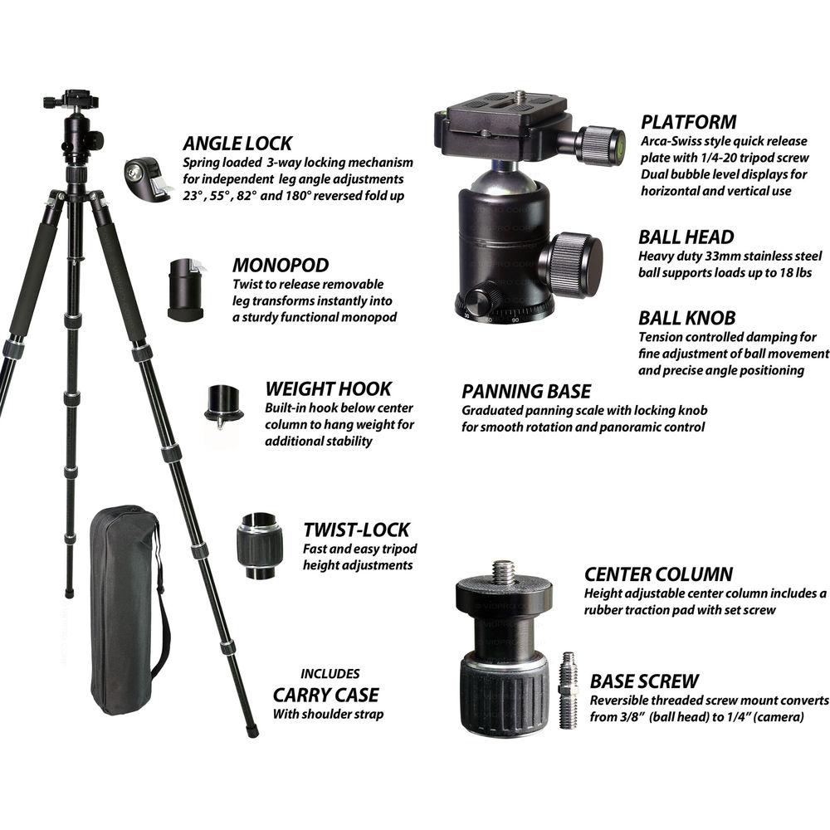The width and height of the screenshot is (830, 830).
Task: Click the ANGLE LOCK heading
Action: (237, 143)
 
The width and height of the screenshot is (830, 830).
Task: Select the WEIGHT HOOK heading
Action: (328, 388)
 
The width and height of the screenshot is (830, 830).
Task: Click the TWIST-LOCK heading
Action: (356, 530)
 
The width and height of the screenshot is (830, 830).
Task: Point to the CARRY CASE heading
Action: (325, 695)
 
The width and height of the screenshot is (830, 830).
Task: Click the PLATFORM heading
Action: (688, 122)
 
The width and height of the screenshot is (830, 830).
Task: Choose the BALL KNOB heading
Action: (686, 318)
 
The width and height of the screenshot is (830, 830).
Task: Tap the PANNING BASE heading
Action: (526, 391)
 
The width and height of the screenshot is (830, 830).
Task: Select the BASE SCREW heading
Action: (644, 681)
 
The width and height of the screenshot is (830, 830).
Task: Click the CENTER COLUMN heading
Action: (658, 574)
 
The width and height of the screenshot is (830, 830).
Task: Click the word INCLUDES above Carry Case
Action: (330, 673)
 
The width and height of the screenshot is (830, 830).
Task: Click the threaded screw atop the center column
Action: (503, 572)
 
